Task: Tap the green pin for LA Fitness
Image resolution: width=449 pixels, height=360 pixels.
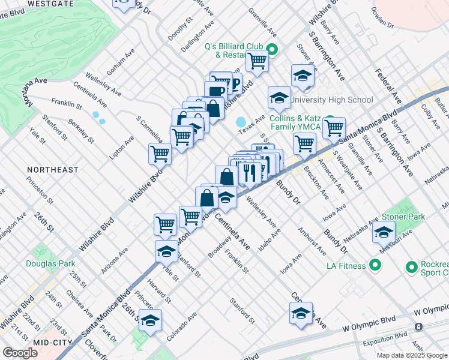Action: click(x=376, y=264)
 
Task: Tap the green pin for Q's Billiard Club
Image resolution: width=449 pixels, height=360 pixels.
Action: click(x=271, y=50)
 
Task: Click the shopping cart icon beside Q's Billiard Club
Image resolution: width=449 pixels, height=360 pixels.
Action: click(x=257, y=60)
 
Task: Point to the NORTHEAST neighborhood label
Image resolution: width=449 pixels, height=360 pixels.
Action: click(x=52, y=170)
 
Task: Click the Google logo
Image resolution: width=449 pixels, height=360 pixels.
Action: click(x=20, y=353)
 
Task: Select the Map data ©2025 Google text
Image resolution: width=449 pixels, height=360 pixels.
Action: click(x=411, y=355)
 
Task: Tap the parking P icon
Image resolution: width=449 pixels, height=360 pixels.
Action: click(x=235, y=85)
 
